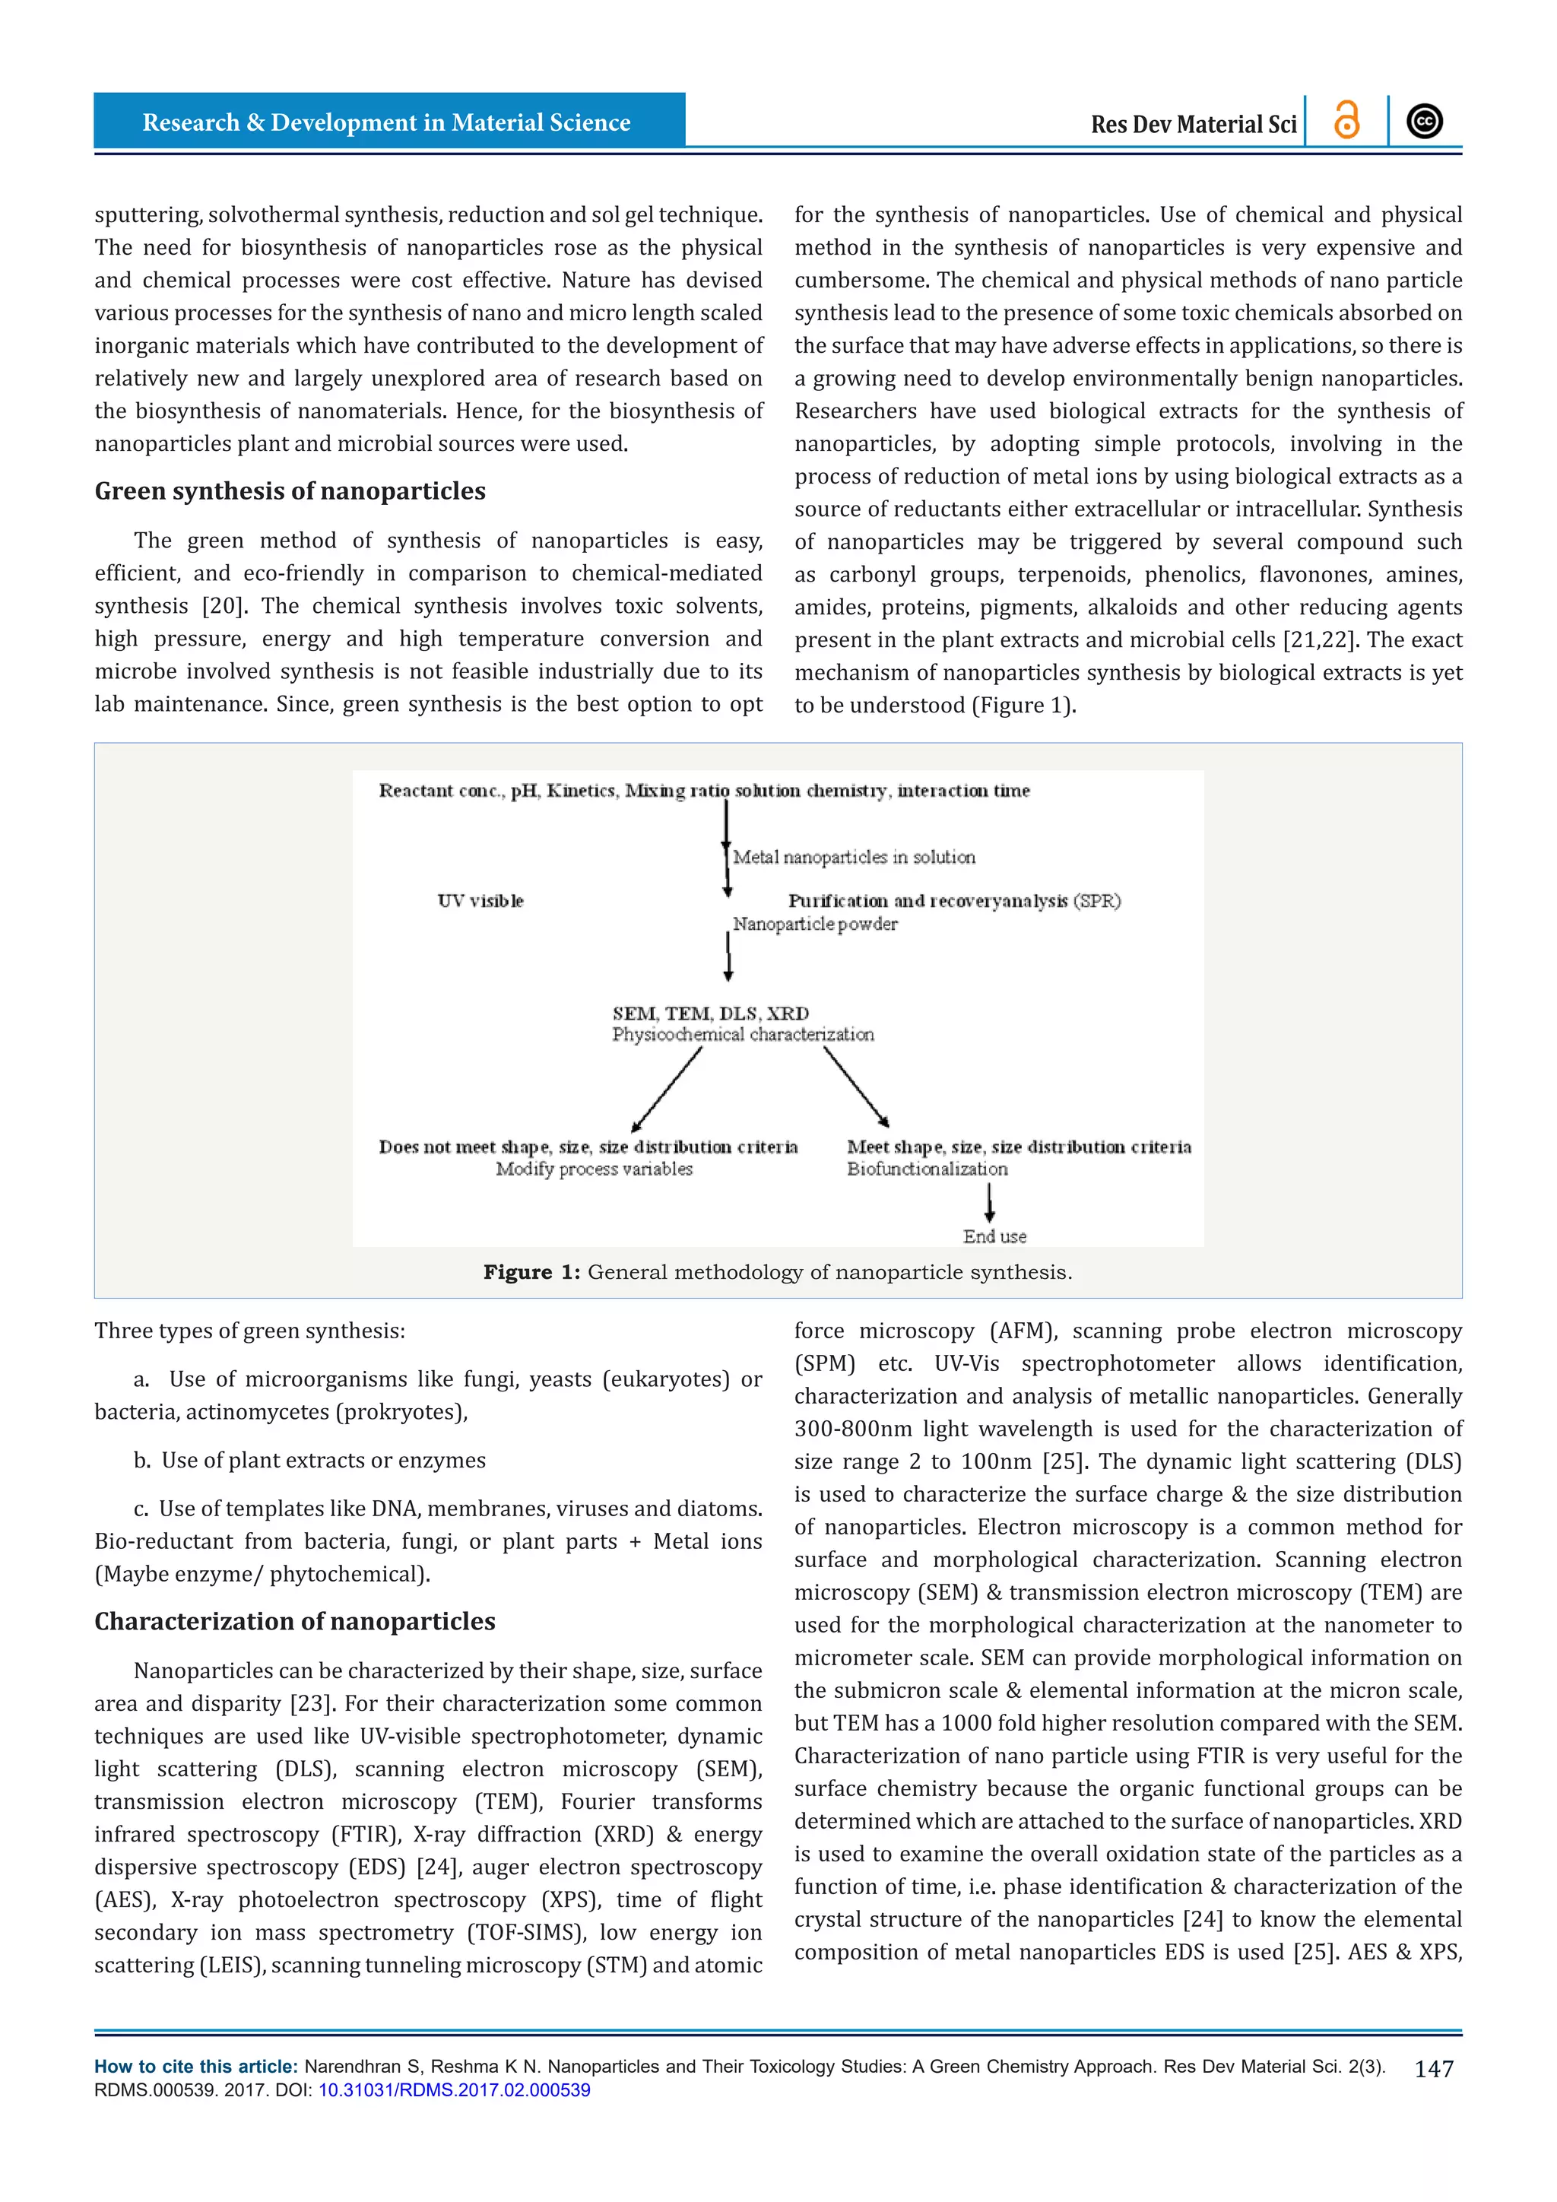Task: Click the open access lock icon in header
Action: [1346, 121]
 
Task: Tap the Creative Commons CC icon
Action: [1425, 121]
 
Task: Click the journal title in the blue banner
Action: [386, 122]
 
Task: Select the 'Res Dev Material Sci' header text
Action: [1193, 125]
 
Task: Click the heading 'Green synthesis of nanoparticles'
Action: [290, 491]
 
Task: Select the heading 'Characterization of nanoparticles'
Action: [294, 1621]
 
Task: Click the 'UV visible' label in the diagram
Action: [480, 900]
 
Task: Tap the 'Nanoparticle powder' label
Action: [815, 925]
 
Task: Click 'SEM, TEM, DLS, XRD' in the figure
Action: [710, 1014]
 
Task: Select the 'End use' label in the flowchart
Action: [994, 1236]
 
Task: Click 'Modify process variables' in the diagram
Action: [594, 1169]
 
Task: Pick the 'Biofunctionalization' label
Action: [927, 1169]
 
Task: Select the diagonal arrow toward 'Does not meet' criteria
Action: [666, 1090]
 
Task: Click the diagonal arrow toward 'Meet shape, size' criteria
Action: [856, 1087]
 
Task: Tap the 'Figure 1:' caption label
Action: [531, 1272]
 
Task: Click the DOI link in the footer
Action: [455, 2089]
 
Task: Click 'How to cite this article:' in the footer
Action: [195, 2067]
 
